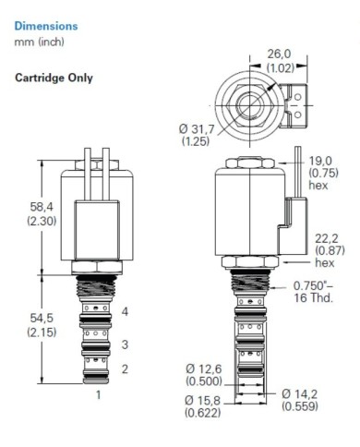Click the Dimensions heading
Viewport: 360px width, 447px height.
tap(46, 26)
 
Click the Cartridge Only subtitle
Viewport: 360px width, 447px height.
tap(54, 78)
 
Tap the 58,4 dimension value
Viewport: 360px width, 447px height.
tap(42, 207)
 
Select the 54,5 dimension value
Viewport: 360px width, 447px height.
tap(42, 318)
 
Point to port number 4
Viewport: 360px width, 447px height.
tap(125, 311)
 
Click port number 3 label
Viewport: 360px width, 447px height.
tap(125, 344)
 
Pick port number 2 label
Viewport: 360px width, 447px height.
tap(125, 368)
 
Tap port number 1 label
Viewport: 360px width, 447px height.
tap(99, 394)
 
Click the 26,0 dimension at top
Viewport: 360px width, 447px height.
tap(279, 54)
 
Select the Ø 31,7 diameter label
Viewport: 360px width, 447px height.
tap(197, 128)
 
